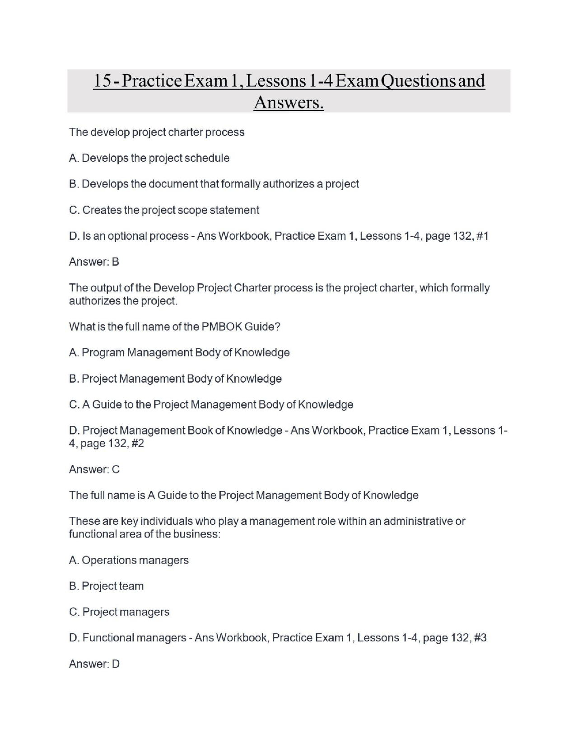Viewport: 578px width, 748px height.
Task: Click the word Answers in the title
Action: (289, 103)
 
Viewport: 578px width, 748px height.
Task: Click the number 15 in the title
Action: (102, 81)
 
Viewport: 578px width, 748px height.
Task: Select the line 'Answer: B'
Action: (94, 262)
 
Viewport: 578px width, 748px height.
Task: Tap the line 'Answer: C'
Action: (94, 469)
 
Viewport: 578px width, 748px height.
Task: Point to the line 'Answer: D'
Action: (94, 664)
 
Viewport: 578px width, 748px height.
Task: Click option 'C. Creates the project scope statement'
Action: (164, 210)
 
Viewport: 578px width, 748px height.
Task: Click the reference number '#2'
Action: (137, 444)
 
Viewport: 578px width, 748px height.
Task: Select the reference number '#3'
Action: (480, 638)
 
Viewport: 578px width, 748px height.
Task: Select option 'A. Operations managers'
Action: (129, 560)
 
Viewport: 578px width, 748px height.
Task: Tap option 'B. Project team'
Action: (106, 586)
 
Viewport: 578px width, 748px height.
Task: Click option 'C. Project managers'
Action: (119, 612)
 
